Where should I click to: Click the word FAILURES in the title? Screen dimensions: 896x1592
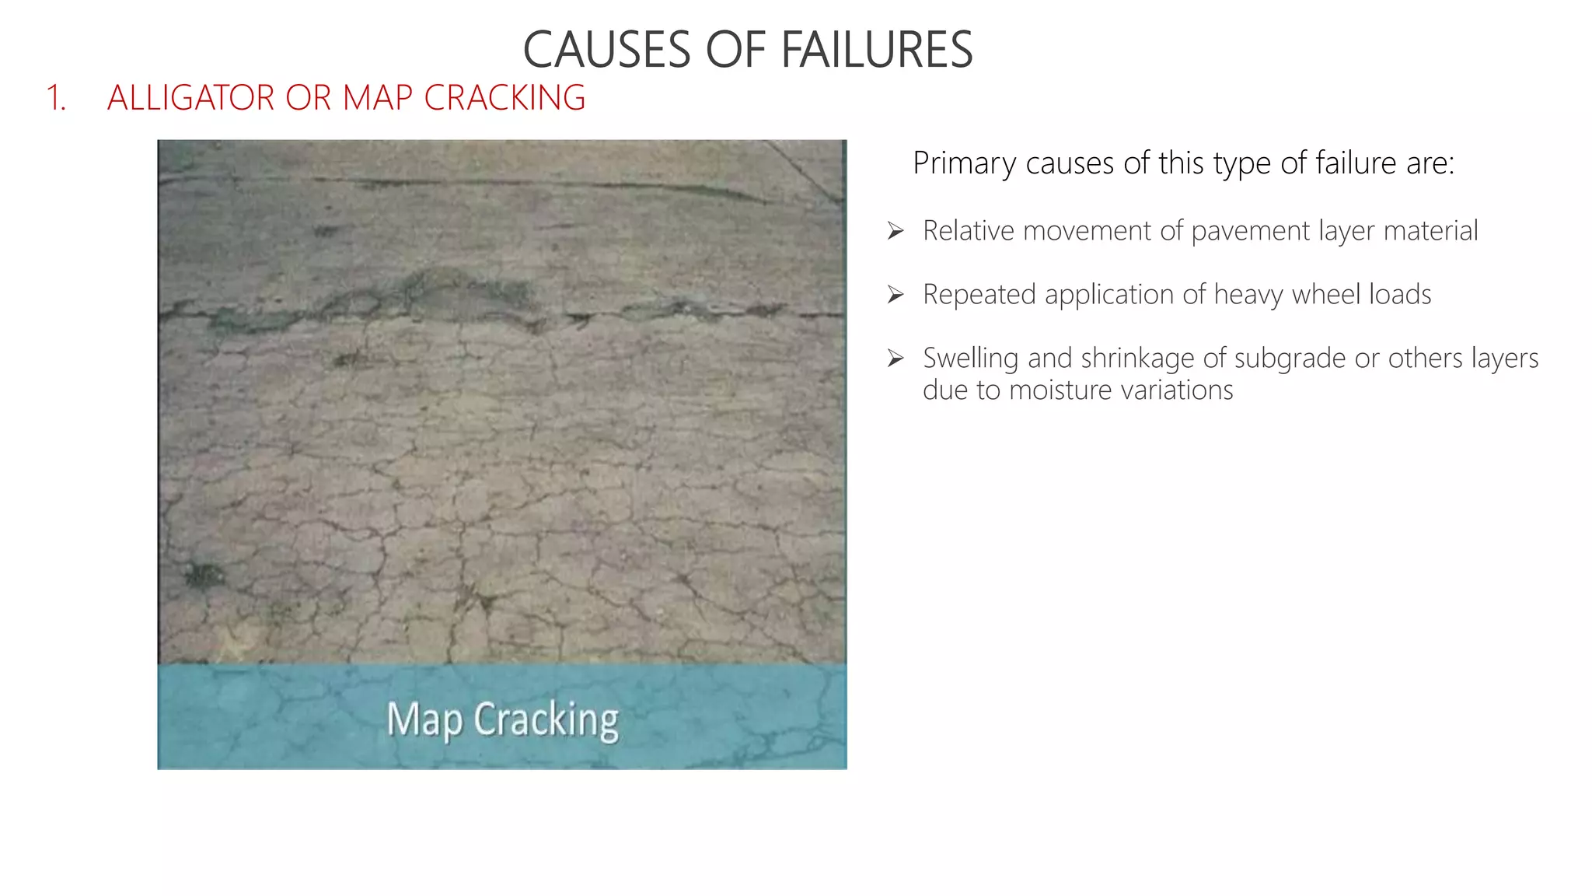876,50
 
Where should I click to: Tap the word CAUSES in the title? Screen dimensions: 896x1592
606,50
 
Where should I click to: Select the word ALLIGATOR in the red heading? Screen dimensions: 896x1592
191,98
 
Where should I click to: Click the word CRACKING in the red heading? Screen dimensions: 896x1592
504,98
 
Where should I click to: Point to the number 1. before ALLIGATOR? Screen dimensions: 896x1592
56,98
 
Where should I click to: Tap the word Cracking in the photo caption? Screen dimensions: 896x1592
546,719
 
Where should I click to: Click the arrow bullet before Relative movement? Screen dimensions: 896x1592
895,231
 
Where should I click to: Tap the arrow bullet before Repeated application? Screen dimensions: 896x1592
895,295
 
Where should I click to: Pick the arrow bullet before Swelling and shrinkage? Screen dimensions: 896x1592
895,359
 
